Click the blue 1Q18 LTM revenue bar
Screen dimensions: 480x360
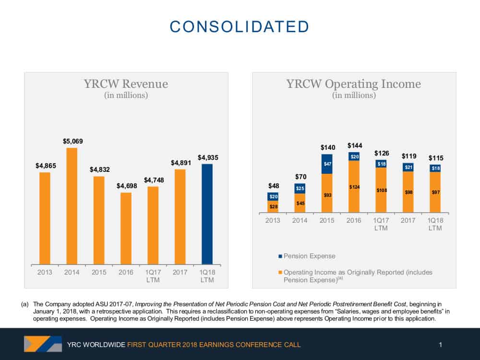pyautogui.click(x=207, y=214)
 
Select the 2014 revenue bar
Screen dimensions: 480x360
pyautogui.click(x=72, y=206)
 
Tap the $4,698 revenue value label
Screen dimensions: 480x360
pyautogui.click(x=127, y=186)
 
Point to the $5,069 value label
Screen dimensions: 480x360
pyautogui.click(x=73, y=141)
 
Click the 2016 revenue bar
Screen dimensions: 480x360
pyautogui.click(x=126, y=228)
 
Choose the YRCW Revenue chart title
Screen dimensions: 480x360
pyautogui.click(x=126, y=84)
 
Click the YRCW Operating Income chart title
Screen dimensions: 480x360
pyautogui.click(x=354, y=84)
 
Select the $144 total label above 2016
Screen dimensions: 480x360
pyautogui.click(x=355, y=145)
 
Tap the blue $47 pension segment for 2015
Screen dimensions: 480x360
pyautogui.click(x=327, y=164)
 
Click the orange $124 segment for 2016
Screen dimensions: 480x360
pyautogui.click(x=354, y=186)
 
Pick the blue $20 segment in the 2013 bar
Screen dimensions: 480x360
pyautogui.click(x=273, y=196)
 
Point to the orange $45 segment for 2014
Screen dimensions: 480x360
pyautogui.click(x=300, y=203)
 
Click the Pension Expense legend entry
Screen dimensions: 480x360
pyautogui.click(x=307, y=256)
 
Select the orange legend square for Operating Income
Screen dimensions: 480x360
pyautogui.click(x=280, y=272)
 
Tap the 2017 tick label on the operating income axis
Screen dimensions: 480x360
pyautogui.click(x=408, y=220)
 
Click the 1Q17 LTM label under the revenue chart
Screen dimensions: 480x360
pyautogui.click(x=153, y=276)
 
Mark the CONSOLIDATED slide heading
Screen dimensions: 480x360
pyautogui.click(x=240, y=26)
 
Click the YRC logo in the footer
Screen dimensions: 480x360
pyautogui.click(x=43, y=344)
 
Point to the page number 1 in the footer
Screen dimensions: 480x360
pyautogui.click(x=440, y=345)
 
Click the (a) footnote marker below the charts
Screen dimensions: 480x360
pyautogui.click(x=25, y=304)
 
